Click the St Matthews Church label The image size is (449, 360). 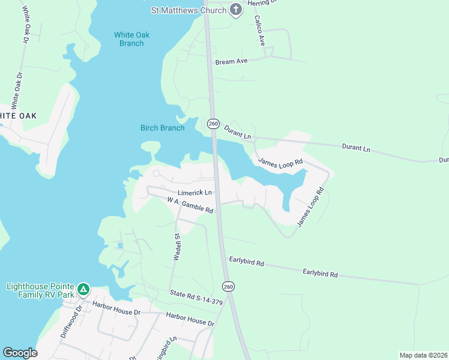point(188,10)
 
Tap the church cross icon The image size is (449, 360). point(236,10)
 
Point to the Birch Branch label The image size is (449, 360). point(162,128)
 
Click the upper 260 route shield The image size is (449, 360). point(213,124)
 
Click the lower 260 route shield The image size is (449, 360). point(229,287)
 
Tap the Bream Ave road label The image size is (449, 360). point(231,62)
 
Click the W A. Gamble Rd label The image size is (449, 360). point(190,205)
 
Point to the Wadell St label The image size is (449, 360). point(178,247)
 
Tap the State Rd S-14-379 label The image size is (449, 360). point(196,298)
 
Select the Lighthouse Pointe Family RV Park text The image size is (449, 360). point(40,291)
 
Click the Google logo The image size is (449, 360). point(20,353)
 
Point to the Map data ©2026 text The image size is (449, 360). point(423,355)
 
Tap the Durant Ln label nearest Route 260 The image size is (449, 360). point(238,131)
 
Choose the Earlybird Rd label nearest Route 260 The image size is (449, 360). point(247,262)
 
